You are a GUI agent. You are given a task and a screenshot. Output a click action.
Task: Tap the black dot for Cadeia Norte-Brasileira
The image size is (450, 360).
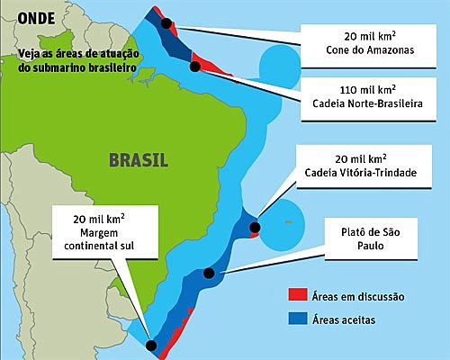[194, 66]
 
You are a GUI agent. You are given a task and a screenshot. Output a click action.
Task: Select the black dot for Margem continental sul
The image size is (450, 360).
[151, 344]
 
